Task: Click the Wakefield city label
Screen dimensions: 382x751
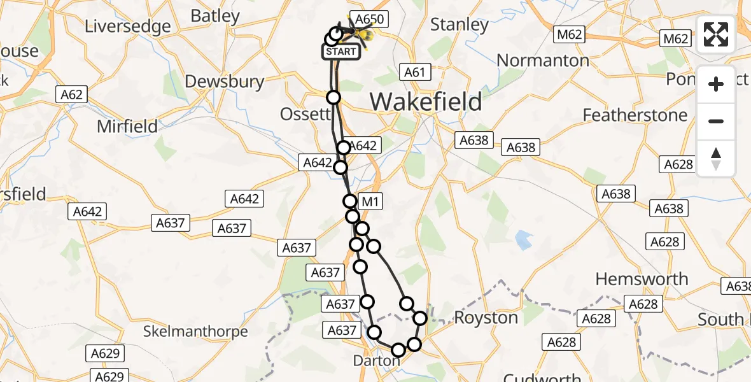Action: click(x=425, y=101)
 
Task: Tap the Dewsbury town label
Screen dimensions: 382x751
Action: click(x=225, y=81)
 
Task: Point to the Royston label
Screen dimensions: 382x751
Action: click(x=486, y=318)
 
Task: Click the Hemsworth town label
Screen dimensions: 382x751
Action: click(x=642, y=279)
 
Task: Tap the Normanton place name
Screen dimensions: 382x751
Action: click(x=543, y=60)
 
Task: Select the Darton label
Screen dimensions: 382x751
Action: click(x=376, y=361)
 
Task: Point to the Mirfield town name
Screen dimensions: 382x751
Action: click(x=127, y=126)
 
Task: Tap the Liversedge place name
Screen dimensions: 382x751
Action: click(x=128, y=27)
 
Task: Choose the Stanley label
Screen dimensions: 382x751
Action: click(x=460, y=25)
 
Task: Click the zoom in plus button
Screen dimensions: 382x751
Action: click(x=716, y=84)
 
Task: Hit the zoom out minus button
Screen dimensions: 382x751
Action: click(x=716, y=121)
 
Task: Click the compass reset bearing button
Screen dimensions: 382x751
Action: click(x=716, y=158)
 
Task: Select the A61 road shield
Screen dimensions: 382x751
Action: click(x=414, y=73)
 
